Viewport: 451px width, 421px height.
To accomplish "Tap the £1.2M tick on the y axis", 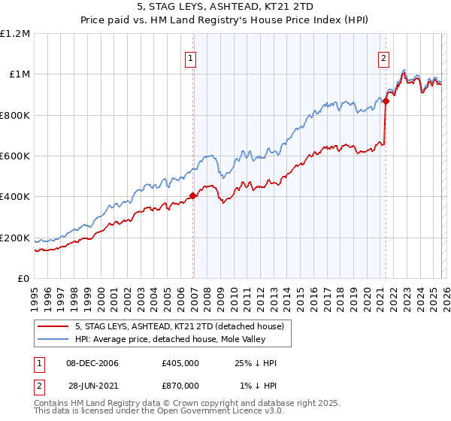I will [x=15, y=33].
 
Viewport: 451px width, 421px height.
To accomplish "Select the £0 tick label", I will [x=24, y=279].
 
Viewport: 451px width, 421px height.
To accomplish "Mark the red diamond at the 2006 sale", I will [x=193, y=196].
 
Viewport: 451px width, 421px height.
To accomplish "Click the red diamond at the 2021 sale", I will [x=386, y=101].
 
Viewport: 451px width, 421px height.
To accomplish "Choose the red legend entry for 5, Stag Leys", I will [x=179, y=326].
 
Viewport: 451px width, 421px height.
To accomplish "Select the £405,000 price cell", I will [x=180, y=363].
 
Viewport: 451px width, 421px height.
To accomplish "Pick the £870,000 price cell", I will [x=180, y=385].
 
